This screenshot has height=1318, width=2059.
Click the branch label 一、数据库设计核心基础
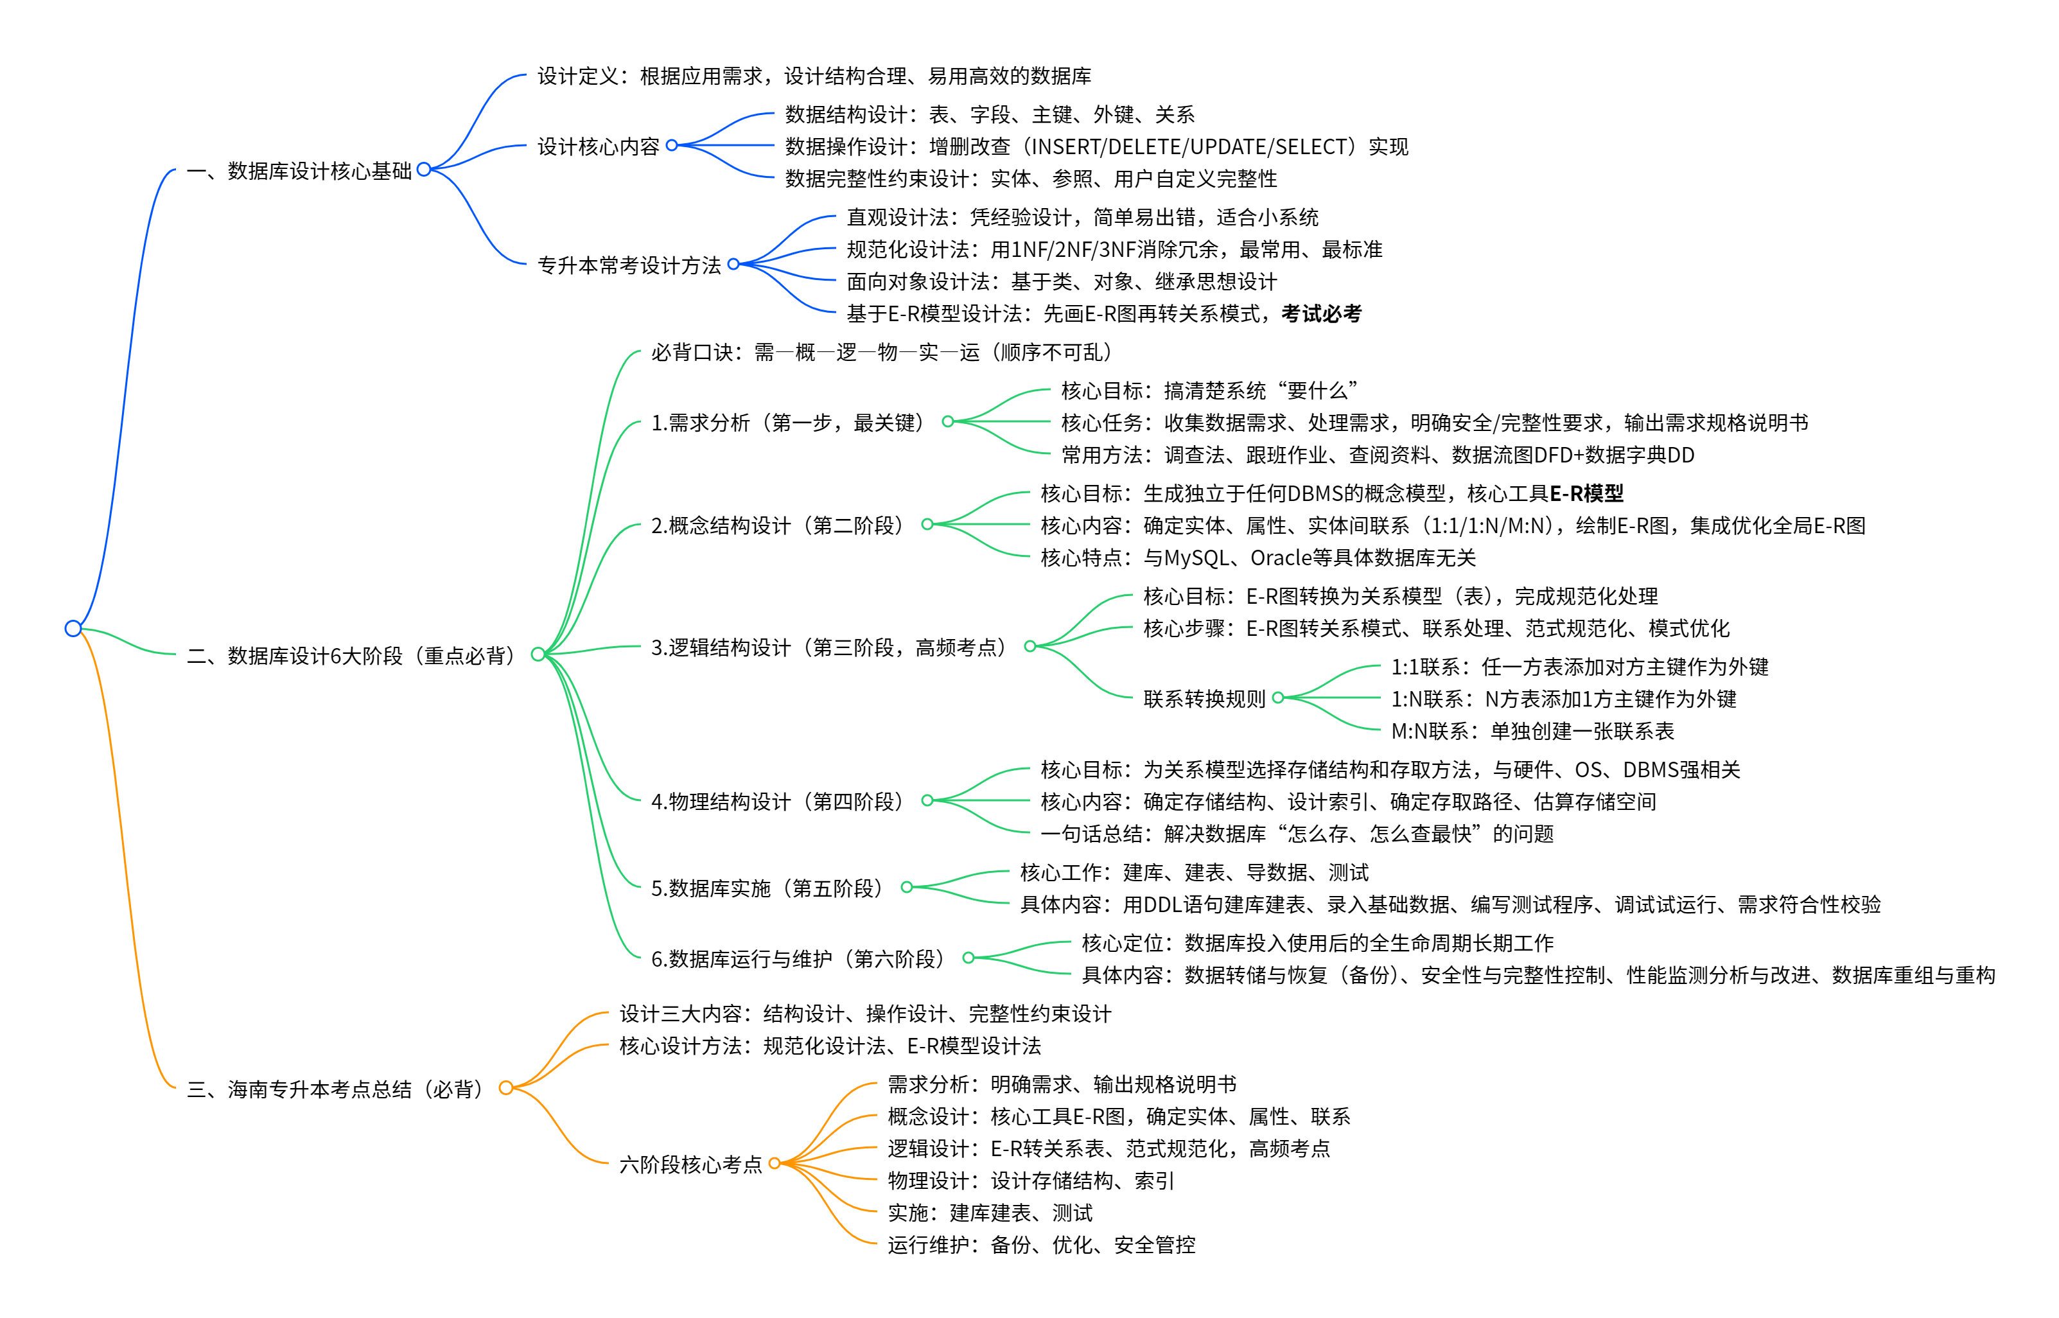(x=299, y=171)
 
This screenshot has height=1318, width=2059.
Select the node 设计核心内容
(x=598, y=147)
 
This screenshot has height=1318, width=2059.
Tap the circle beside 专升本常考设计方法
(x=733, y=265)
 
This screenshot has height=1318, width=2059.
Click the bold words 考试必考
(x=1320, y=314)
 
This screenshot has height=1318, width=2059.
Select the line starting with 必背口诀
(x=881, y=353)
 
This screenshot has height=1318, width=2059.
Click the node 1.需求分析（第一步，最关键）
(x=788, y=423)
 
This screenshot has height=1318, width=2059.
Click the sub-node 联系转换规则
(x=1204, y=699)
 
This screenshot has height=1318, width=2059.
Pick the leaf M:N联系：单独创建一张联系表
(x=1532, y=731)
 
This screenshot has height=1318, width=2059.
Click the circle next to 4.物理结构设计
(x=927, y=801)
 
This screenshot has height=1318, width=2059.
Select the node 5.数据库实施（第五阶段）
(x=767, y=888)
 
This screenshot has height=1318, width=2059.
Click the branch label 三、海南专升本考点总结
(x=337, y=1089)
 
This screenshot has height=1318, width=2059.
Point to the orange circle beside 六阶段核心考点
(x=775, y=1164)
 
